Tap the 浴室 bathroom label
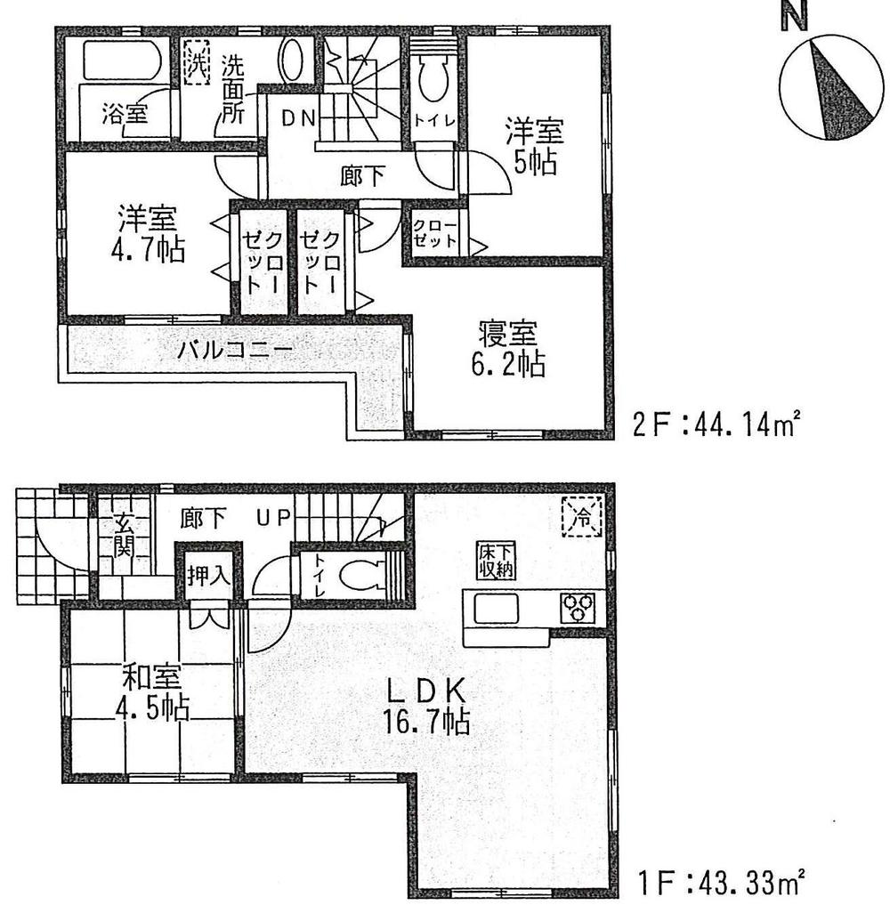pyautogui.click(x=125, y=114)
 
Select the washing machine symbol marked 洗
pyautogui.click(x=196, y=64)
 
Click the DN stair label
pyautogui.click(x=297, y=118)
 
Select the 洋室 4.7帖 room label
pyautogui.click(x=148, y=234)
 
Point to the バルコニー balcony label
pyautogui.click(x=233, y=349)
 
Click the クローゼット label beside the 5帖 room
pyautogui.click(x=435, y=233)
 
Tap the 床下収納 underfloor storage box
pyautogui.click(x=490, y=561)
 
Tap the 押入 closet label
pyautogui.click(x=208, y=576)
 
